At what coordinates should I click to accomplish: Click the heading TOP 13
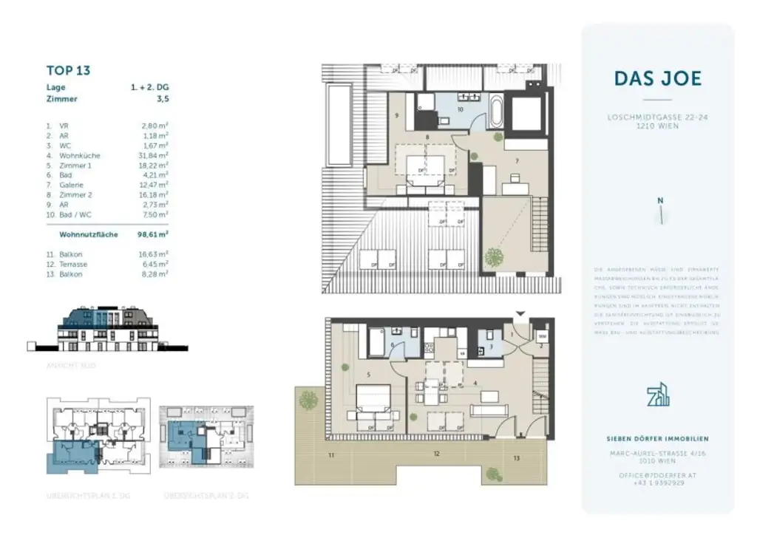[68, 70]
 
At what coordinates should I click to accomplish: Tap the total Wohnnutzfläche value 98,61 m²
[152, 234]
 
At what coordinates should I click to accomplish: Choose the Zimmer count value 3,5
[161, 98]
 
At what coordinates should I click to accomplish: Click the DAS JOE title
[657, 78]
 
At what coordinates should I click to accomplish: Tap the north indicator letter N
[660, 200]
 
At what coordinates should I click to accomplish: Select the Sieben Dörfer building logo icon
[657, 396]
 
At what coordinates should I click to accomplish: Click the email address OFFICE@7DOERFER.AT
[657, 475]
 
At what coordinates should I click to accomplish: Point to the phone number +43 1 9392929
[657, 483]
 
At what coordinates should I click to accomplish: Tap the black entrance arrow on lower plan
[520, 314]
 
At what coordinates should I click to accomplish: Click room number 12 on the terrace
[437, 453]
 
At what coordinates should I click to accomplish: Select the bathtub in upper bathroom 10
[497, 112]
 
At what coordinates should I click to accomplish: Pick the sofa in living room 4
[489, 409]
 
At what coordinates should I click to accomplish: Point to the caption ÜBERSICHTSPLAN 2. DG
[206, 496]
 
